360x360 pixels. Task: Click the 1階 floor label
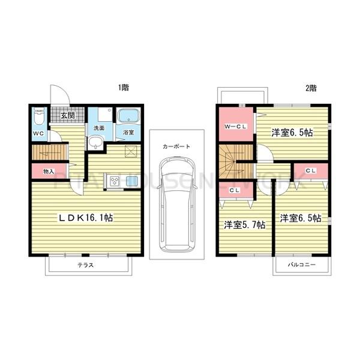coord(124,88)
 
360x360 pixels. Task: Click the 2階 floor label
coord(311,88)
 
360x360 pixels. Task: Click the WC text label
coord(38,133)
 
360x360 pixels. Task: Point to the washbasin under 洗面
coord(96,143)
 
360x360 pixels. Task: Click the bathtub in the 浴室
coord(128,116)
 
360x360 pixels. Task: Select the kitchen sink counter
coord(124,181)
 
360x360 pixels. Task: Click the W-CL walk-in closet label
coord(234,127)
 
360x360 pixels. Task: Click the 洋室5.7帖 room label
coord(245,225)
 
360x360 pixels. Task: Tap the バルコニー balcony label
coord(301,265)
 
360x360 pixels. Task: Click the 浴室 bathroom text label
coord(128,131)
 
